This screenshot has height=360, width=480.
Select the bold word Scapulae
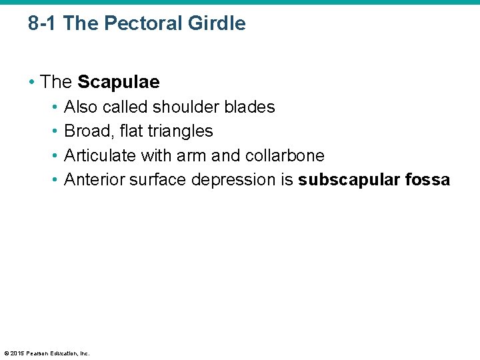tap(119, 82)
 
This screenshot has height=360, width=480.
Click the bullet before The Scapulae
tap(32, 82)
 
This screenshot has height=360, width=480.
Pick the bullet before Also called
tap(55, 107)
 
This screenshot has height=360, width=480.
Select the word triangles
tap(180, 131)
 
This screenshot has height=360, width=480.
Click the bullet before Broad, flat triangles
tap(55, 131)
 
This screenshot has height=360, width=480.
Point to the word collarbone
tap(285, 156)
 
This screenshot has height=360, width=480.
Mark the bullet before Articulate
tap(55, 156)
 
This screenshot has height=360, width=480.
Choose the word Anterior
tap(94, 180)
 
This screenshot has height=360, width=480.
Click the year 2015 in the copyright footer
tap(18, 353)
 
